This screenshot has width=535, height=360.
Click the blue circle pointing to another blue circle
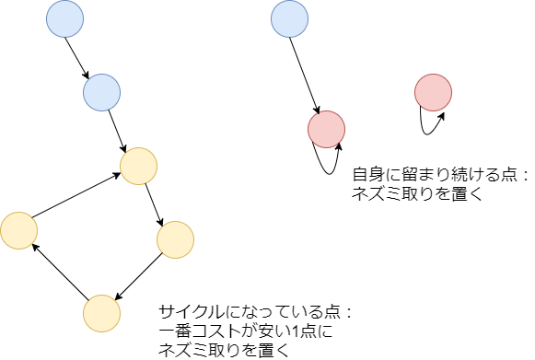coord(64,19)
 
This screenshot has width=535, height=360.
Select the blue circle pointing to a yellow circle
coord(101,92)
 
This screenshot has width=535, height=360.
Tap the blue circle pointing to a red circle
coord(290,19)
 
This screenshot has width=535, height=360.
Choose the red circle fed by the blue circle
coord(325,129)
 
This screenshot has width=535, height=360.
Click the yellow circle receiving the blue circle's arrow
coord(139,165)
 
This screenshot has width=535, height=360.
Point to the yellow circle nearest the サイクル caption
coord(101,313)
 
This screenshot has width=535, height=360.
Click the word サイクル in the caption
coord(189,311)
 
